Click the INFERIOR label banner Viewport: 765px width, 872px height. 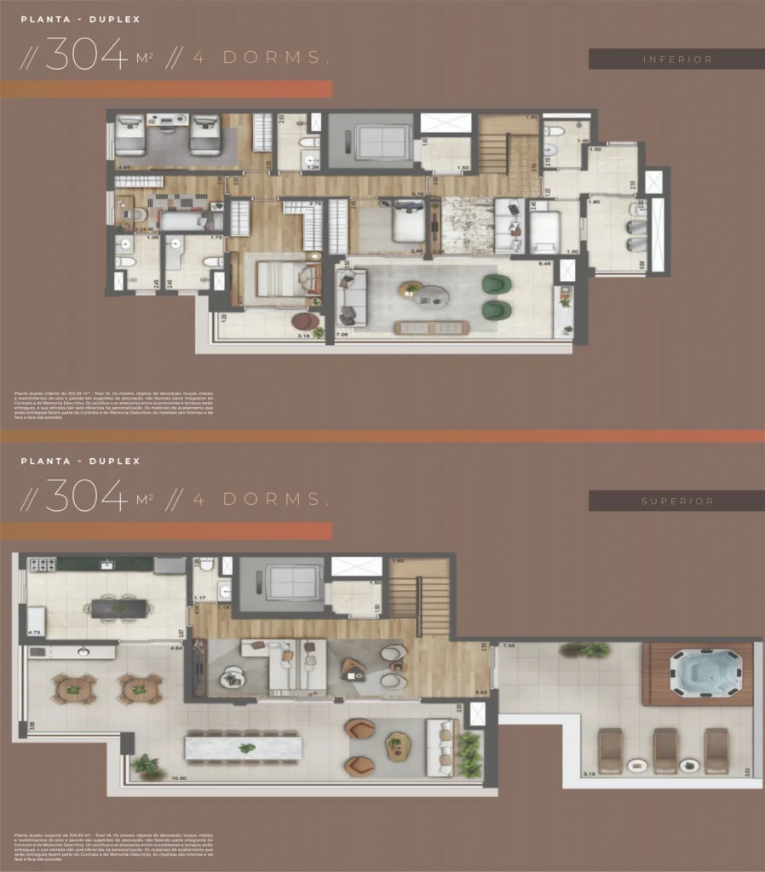coord(676,59)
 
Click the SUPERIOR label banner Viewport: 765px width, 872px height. coord(676,501)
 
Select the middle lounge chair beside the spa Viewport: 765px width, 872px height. coord(664,750)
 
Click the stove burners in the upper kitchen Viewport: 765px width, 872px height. coord(42,565)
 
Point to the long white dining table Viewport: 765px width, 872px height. coord(243,749)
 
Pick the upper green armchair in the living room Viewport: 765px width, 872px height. coord(493,284)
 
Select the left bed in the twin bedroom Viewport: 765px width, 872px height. coord(130,135)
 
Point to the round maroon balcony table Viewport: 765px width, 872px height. coord(306,321)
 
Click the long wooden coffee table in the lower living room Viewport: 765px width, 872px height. coord(431,327)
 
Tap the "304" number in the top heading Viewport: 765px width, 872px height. coord(85,57)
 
